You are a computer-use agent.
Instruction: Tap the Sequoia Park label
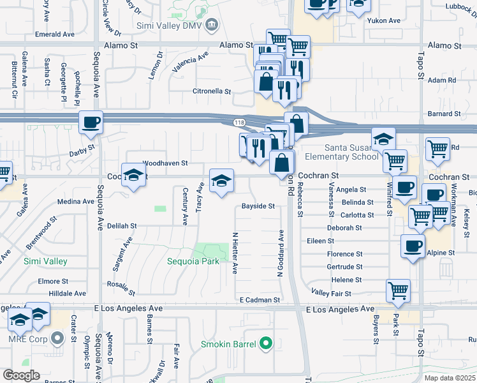(x=193, y=261)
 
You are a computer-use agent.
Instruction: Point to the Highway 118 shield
(x=238, y=121)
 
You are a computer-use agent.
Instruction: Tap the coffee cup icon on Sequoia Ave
(x=91, y=121)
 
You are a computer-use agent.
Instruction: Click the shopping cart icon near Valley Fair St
(x=398, y=291)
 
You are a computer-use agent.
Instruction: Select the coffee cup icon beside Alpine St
(x=413, y=246)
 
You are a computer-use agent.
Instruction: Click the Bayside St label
(x=258, y=206)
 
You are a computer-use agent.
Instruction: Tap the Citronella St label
(x=212, y=91)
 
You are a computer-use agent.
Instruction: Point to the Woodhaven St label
(x=165, y=163)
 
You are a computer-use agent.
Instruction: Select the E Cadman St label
(x=260, y=299)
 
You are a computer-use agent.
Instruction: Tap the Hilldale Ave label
(x=68, y=293)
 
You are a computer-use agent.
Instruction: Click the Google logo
(x=21, y=375)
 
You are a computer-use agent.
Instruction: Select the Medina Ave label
(x=75, y=201)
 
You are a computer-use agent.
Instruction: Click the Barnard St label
(x=444, y=114)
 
